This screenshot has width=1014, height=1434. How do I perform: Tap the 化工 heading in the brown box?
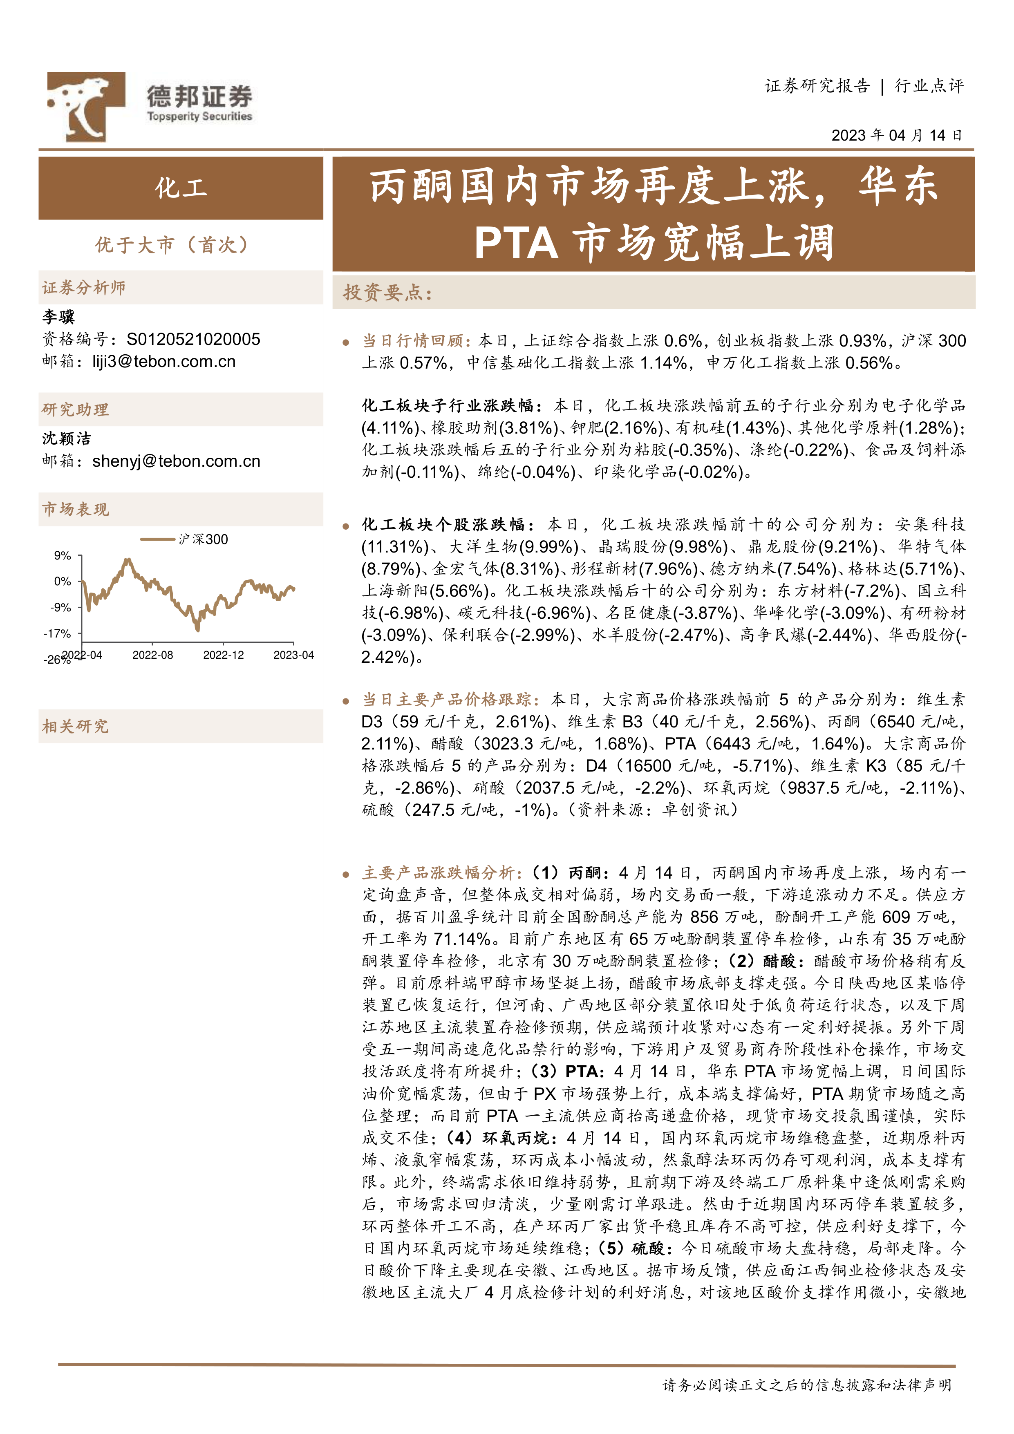pyautogui.click(x=181, y=188)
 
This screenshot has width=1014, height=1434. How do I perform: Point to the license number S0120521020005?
pyautogui.click(x=193, y=339)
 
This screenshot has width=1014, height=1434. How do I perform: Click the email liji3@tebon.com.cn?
pyautogui.click(x=164, y=362)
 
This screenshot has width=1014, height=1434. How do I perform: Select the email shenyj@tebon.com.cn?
pyautogui.click(x=176, y=461)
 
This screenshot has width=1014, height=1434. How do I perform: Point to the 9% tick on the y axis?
pyautogui.click(x=63, y=555)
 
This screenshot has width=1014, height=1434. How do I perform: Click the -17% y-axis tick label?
pyautogui.click(x=58, y=633)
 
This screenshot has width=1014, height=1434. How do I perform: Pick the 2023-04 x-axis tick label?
pyautogui.click(x=293, y=655)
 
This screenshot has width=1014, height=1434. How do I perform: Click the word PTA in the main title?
pyautogui.click(x=516, y=243)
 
